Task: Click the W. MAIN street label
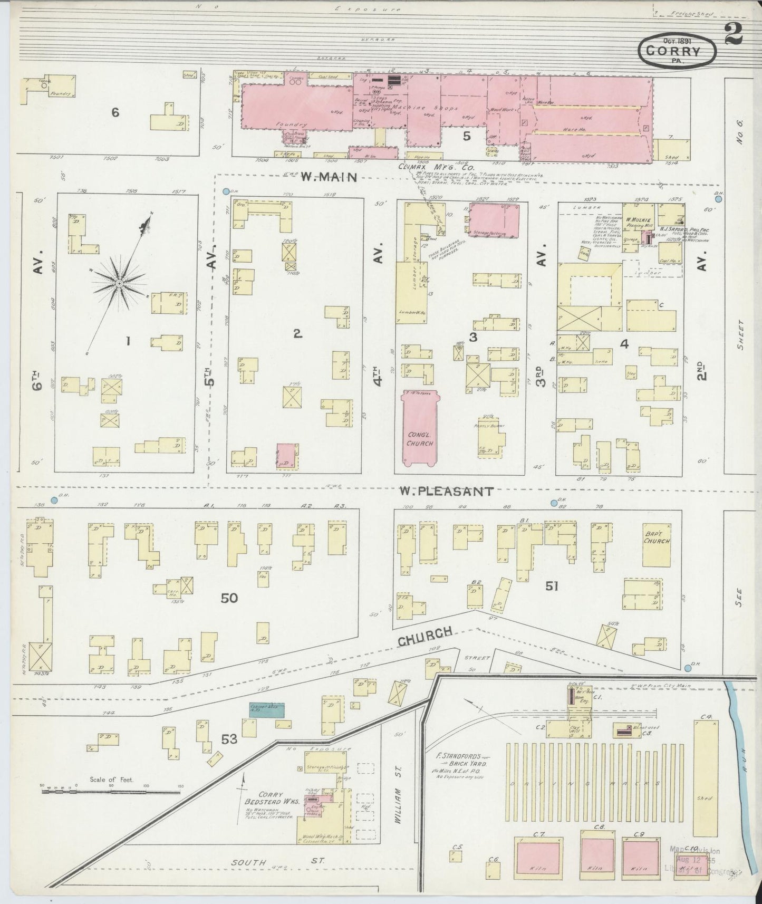[x=322, y=178]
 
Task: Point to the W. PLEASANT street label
[x=446, y=491]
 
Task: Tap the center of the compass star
[x=120, y=284]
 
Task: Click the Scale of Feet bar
[x=111, y=791]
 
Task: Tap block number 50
[x=229, y=598]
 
